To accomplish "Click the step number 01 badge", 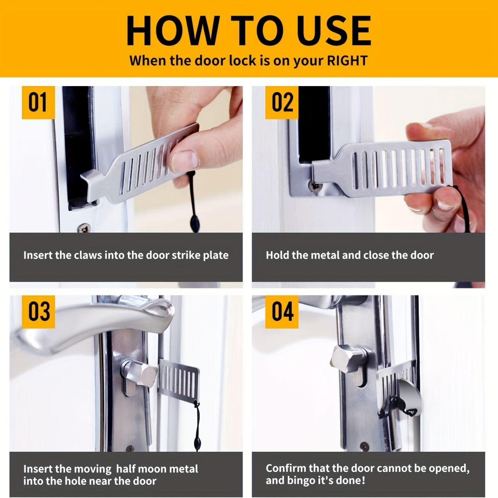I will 38,102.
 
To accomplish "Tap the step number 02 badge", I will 282,102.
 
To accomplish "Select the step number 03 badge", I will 38,311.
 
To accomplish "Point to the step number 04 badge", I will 282,311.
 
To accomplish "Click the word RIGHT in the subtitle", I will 347,60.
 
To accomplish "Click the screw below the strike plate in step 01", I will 84,228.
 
